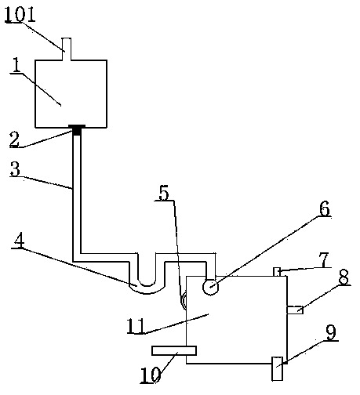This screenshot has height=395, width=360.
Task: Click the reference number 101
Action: click(x=20, y=14)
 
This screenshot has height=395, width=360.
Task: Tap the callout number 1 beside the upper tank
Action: click(x=16, y=65)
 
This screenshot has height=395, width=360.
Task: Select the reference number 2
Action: click(x=14, y=139)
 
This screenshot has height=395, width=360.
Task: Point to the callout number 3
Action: click(x=15, y=169)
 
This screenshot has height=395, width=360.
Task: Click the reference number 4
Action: click(x=19, y=241)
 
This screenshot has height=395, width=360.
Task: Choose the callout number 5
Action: click(x=164, y=193)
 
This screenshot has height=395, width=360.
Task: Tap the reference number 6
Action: click(x=325, y=208)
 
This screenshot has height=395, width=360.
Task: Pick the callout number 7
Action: click(x=324, y=259)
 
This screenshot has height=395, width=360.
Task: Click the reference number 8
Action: click(x=344, y=277)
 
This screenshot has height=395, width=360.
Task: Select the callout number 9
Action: click(x=332, y=333)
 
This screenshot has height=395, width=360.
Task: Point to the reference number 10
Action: click(x=151, y=375)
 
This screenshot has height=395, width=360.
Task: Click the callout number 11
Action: click(x=136, y=326)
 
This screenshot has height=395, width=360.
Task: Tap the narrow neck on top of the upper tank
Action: click(x=67, y=49)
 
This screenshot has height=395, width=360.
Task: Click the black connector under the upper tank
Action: click(x=77, y=130)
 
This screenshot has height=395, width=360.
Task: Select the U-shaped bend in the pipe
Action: click(x=147, y=288)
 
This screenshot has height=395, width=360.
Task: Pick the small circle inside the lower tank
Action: click(x=211, y=287)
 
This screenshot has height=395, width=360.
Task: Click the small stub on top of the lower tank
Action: click(x=277, y=272)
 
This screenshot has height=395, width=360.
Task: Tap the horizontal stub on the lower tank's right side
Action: click(x=295, y=310)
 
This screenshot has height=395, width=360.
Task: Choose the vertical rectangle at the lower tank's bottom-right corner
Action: click(x=278, y=368)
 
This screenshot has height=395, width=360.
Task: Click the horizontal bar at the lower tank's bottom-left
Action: click(x=174, y=350)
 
